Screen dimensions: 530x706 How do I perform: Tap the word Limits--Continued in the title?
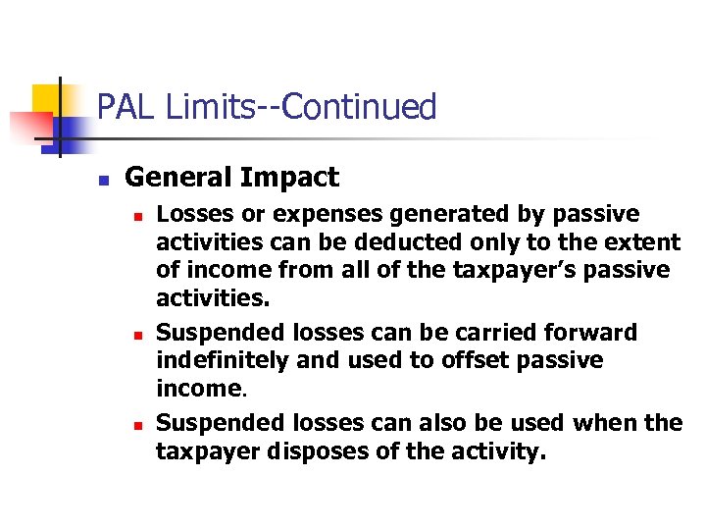pos(301,106)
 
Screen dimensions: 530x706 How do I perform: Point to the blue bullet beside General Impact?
pos(102,180)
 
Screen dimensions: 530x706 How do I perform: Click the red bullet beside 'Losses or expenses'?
pos(139,215)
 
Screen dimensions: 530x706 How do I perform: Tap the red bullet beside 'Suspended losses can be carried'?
pos(139,334)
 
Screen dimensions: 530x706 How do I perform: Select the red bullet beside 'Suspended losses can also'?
pos(139,425)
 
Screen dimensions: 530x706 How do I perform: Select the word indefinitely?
pos(223,360)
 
